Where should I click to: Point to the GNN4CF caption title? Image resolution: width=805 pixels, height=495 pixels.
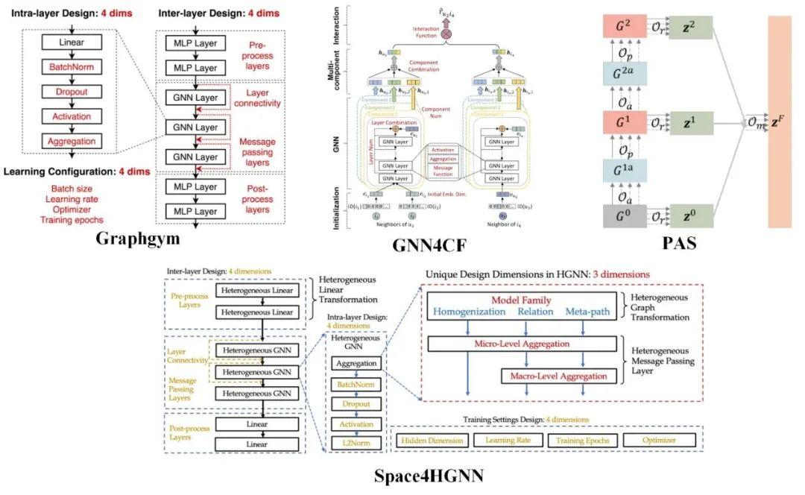(433, 246)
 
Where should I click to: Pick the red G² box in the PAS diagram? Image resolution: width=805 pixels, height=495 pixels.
(624, 27)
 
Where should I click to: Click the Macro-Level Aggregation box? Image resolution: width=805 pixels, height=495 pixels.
(558, 376)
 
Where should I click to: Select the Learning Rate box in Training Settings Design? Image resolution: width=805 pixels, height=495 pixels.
(505, 441)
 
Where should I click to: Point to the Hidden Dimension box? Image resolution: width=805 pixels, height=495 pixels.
(431, 441)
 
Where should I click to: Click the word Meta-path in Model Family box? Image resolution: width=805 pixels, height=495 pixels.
(590, 311)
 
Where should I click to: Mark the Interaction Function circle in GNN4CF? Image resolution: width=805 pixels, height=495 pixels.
(447, 34)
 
